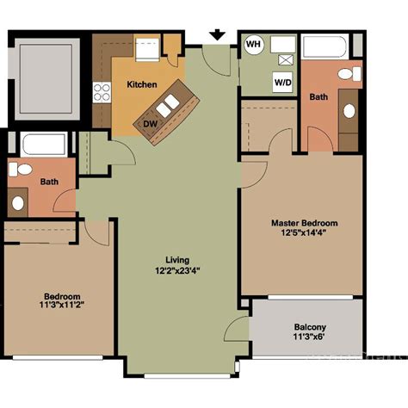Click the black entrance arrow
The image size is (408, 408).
click(x=217, y=34)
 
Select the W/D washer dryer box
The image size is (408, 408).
click(x=281, y=83)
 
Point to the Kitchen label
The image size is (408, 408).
click(x=142, y=84)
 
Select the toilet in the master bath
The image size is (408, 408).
click(x=350, y=74)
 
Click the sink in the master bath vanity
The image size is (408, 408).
click(x=350, y=110)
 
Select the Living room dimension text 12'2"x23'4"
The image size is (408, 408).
click(x=177, y=270)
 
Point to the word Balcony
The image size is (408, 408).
click(x=309, y=327)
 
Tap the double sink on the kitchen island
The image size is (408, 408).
click(x=166, y=105)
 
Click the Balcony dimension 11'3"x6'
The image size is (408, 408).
click(x=309, y=337)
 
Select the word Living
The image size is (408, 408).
click(x=177, y=260)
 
